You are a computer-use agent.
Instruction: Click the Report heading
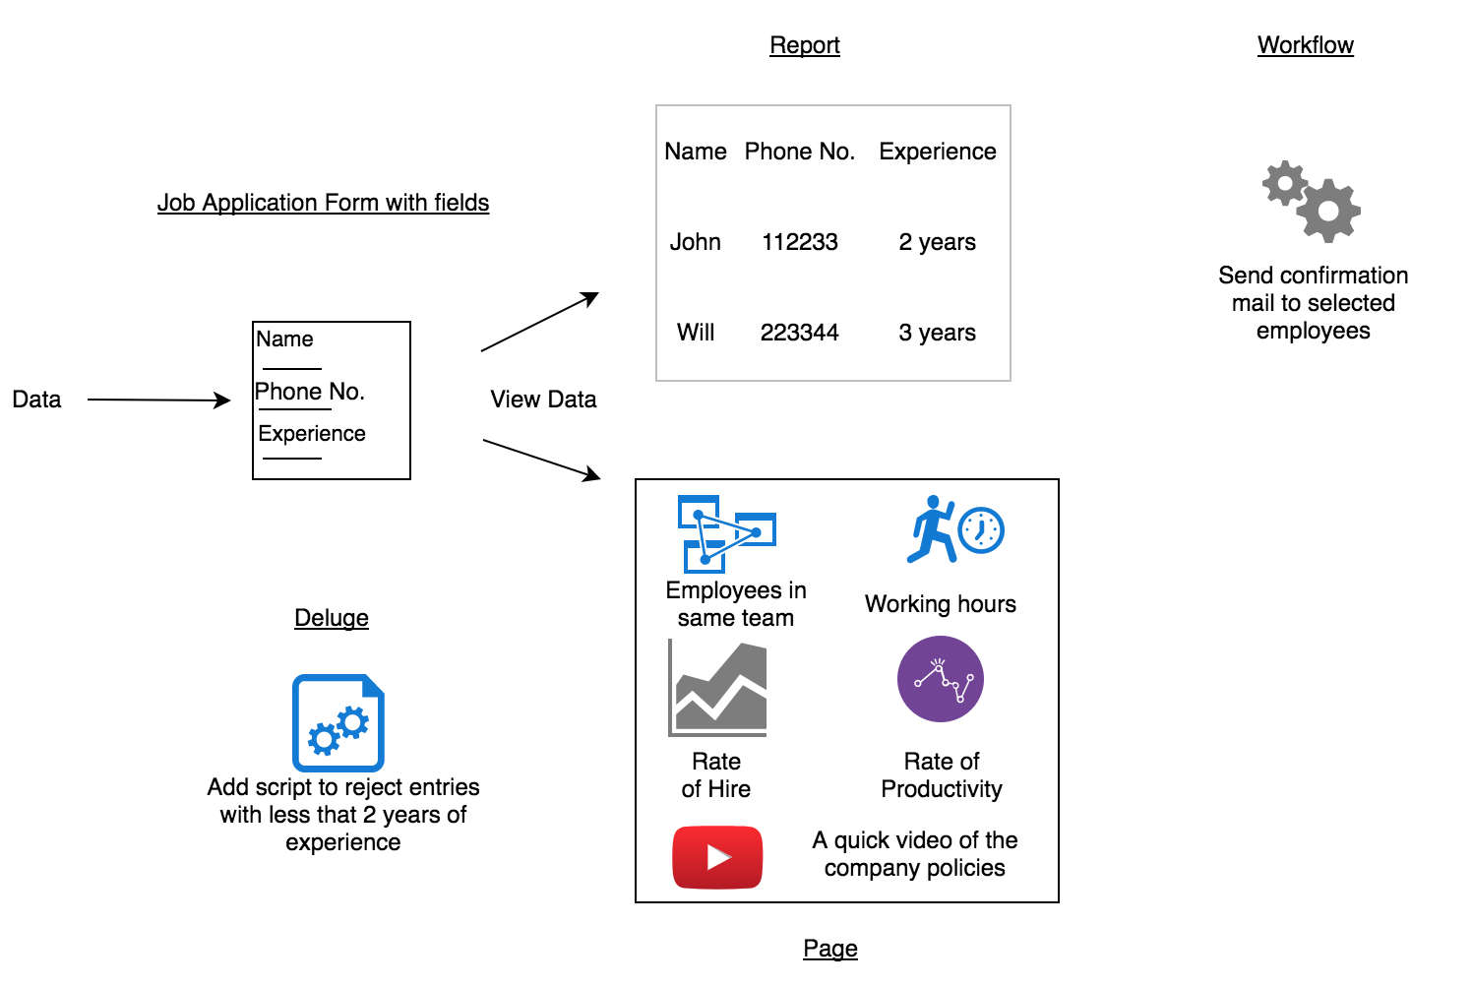804,45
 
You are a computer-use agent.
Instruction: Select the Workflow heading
1305,45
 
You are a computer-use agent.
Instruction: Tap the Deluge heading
332,618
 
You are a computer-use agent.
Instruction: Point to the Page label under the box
830,949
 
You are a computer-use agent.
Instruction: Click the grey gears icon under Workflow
1312,202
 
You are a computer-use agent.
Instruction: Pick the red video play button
717,857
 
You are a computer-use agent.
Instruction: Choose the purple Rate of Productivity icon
941,679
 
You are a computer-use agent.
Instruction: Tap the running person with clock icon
954,529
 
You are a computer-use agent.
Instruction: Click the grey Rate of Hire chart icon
717,688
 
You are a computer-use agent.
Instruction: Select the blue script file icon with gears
338,723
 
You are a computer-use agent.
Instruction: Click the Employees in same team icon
726,533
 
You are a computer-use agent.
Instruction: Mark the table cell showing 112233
799,242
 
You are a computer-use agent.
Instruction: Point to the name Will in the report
696,333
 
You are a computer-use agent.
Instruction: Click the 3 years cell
937,333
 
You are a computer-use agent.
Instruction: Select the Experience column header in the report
937,152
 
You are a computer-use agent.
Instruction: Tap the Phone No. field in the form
310,392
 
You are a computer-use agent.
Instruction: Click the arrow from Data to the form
158,400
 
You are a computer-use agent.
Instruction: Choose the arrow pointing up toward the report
539,322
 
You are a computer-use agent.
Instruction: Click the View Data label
543,400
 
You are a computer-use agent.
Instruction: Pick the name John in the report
696,242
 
